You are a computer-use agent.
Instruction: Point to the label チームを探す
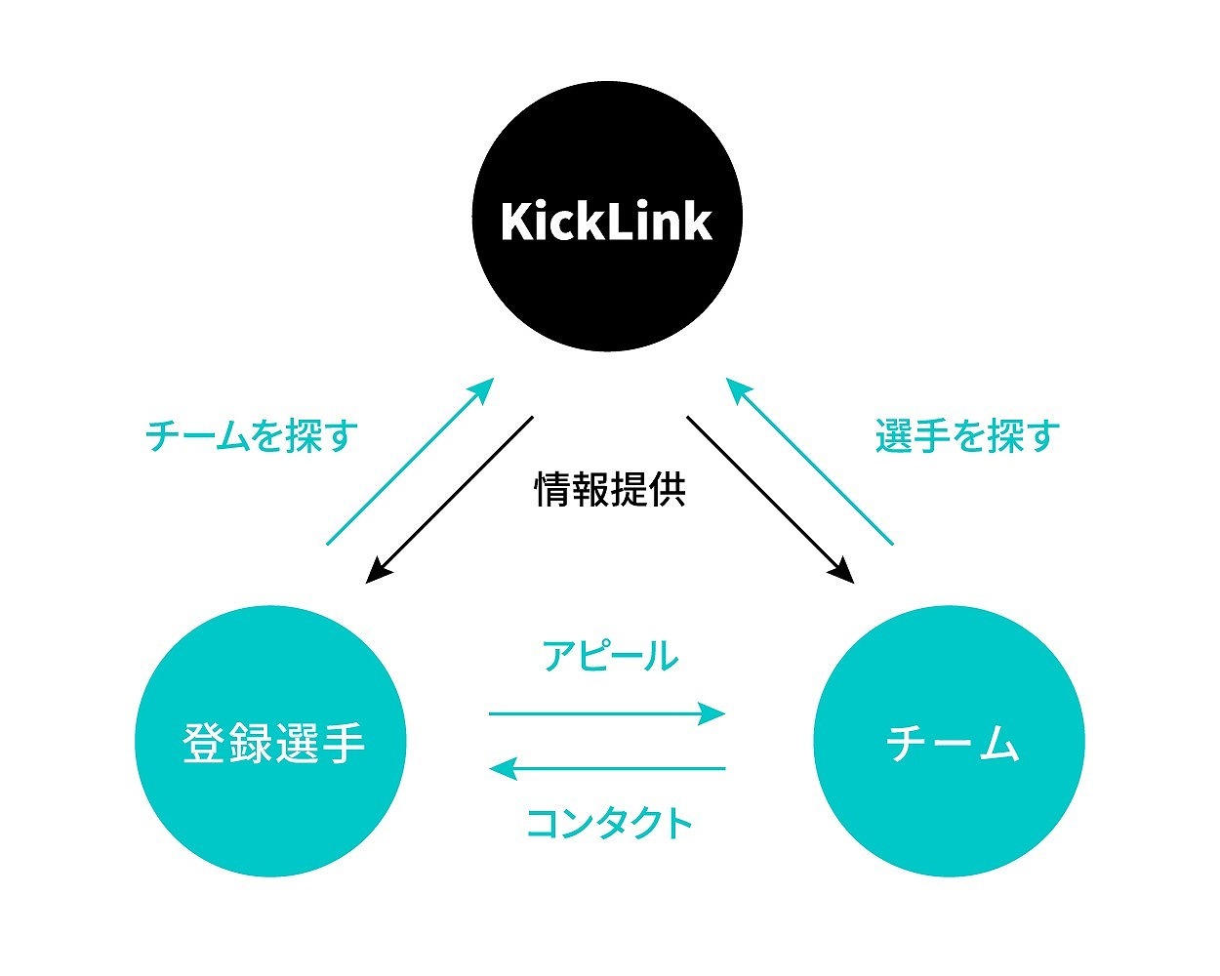[252, 435]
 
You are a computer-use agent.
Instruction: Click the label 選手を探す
[967, 435]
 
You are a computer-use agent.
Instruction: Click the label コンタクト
[610, 823]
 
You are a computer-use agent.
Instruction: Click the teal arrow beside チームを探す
[411, 461]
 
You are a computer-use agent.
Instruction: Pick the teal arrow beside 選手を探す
[809, 461]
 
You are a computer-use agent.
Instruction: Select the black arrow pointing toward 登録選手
[450, 500]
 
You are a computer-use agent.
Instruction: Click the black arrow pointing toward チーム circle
[770, 500]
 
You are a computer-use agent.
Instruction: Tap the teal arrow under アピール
[607, 713]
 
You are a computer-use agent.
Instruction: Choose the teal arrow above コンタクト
[607, 768]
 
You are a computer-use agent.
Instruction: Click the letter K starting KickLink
[515, 223]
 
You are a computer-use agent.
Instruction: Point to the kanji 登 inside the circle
[202, 744]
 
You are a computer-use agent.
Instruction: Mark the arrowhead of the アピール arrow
[713, 713]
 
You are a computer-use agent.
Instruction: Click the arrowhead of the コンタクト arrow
[503, 768]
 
